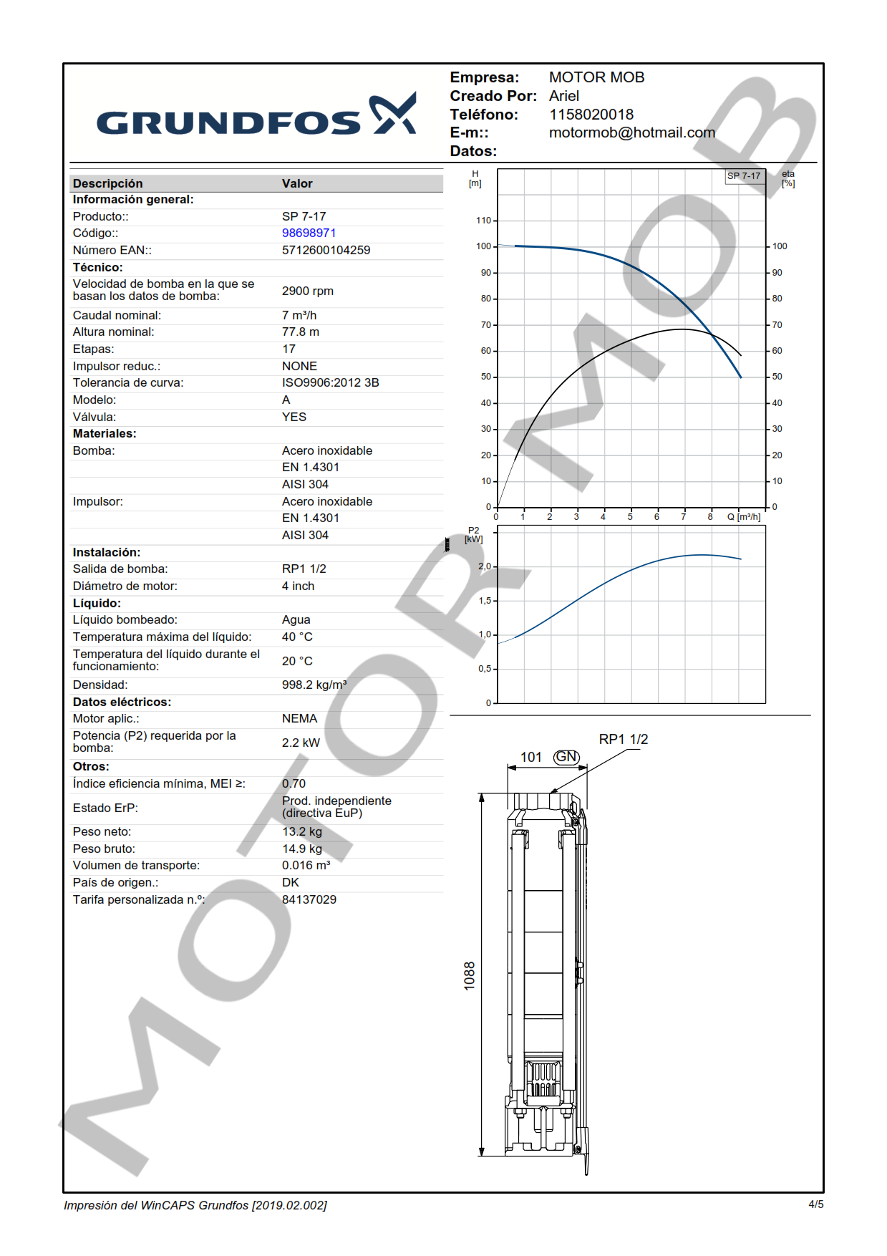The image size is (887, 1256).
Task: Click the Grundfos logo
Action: coord(256,116)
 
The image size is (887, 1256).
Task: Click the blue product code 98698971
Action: coord(309,233)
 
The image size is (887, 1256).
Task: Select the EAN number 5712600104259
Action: coord(326,251)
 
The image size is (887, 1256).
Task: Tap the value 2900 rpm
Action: coord(307,291)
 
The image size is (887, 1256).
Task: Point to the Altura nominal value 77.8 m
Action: coord(300,332)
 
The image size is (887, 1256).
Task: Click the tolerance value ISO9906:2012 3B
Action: coord(330,383)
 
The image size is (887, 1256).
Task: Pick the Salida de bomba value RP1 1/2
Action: coord(304,569)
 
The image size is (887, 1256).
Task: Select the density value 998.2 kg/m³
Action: coord(314,685)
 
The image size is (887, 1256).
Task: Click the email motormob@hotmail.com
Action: coord(631,133)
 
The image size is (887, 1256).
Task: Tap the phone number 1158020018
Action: coord(591,115)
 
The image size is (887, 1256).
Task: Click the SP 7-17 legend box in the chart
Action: coord(744,176)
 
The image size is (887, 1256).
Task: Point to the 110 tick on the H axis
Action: coord(484,221)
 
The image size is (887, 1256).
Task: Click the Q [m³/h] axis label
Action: coord(744,517)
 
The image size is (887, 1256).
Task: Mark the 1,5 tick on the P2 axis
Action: coord(485,601)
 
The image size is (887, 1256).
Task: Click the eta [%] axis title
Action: coord(787,179)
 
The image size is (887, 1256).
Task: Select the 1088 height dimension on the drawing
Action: coord(470,976)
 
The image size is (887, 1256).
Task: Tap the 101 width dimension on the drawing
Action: coord(530,758)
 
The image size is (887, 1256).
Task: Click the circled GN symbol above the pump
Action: coord(566,757)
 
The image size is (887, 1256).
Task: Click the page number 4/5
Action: coord(815,1204)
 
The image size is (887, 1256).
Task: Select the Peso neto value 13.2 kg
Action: coord(301,832)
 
